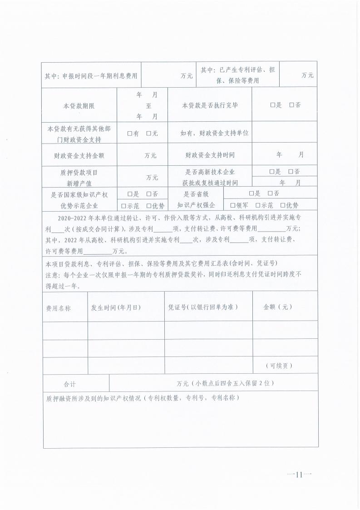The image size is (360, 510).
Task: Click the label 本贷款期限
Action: click(79, 105)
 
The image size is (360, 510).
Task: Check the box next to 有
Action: click(130, 134)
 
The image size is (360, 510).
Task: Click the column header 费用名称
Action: click(58, 307)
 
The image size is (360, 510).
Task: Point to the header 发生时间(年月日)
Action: click(116, 307)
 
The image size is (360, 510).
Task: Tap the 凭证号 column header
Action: click(202, 307)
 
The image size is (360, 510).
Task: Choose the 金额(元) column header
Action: click(277, 307)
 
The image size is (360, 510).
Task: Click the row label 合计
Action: click(70, 384)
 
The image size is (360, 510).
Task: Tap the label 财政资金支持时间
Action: click(210, 155)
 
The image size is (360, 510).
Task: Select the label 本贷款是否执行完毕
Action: click(210, 105)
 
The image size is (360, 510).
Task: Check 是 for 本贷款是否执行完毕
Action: click(273, 105)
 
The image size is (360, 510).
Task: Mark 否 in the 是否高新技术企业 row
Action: click(291, 172)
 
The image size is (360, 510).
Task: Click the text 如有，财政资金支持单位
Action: click(214, 134)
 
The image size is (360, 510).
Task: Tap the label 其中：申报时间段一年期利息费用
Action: click(91, 76)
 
